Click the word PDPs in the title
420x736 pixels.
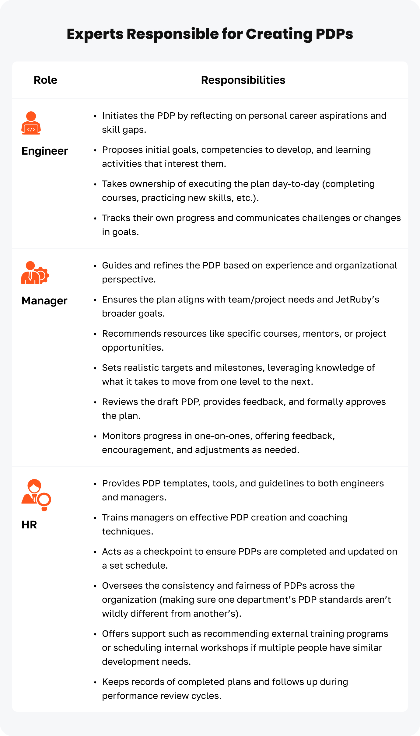[334, 34]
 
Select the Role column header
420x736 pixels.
[45, 80]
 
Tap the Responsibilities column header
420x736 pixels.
[243, 80]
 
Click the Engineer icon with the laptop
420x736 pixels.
[31, 123]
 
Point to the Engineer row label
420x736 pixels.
[44, 151]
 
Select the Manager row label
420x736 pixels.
[44, 301]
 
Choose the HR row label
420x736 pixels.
[29, 525]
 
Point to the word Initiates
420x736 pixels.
[119, 116]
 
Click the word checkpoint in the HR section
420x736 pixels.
[167, 552]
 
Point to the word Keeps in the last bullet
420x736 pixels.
[115, 682]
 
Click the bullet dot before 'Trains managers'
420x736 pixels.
[95, 518]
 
